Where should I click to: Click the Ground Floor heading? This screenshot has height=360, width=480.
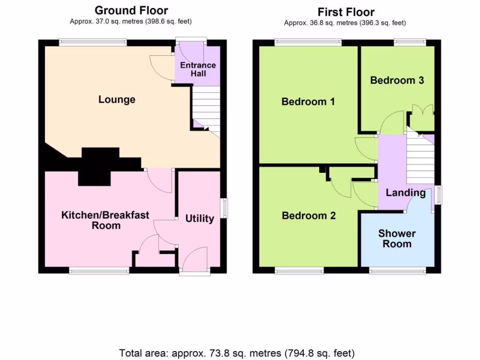pos(131,10)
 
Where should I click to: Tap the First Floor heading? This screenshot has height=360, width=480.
pos(346,12)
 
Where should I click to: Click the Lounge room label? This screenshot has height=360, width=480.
pos(117,99)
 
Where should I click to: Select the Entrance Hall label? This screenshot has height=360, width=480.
pos(198,69)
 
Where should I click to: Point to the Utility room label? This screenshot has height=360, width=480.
pos(200,218)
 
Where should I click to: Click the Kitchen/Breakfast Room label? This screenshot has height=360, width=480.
pos(105,220)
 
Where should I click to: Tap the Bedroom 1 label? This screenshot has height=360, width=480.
pos(308,102)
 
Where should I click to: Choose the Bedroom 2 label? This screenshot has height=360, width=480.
pos(308,216)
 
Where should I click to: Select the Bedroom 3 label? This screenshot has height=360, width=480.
pos(397,80)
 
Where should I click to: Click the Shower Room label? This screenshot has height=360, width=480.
pos(397,239)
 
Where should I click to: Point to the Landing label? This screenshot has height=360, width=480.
pos(405,193)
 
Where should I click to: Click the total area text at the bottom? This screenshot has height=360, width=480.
pos(237,353)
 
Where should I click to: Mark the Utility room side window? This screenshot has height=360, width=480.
pos(225,208)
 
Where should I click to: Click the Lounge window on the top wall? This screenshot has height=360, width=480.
pos(93,43)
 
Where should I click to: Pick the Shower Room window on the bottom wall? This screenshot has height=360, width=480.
pos(397,270)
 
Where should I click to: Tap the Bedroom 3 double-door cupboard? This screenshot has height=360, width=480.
pos(422,118)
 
